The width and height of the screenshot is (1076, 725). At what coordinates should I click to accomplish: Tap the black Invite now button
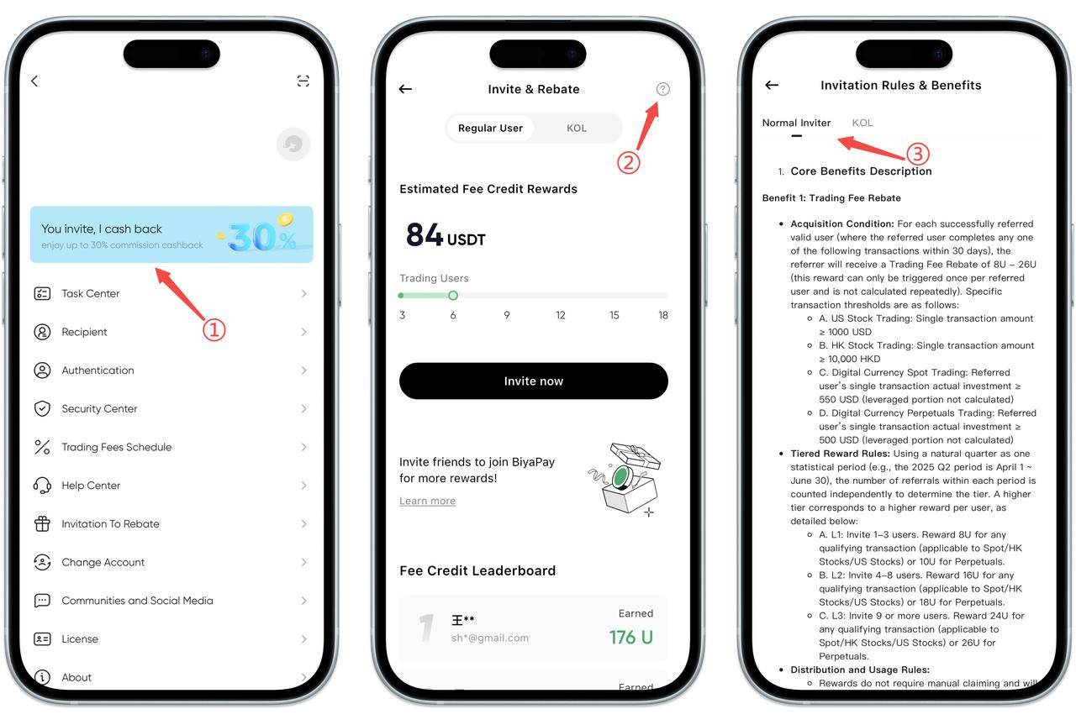(533, 381)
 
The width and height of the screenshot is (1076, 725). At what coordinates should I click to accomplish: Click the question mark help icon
(662, 89)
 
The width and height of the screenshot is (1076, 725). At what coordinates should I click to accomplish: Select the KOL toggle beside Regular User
(577, 129)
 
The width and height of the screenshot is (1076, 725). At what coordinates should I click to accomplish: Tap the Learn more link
(428, 501)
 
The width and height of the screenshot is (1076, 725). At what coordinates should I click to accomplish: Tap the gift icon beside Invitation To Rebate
(42, 524)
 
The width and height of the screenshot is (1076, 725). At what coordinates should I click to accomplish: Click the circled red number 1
(214, 330)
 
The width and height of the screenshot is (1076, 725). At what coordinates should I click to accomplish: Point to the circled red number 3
(917, 154)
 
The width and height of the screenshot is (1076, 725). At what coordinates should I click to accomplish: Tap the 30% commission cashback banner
(171, 234)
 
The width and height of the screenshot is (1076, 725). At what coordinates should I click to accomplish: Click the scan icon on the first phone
(303, 81)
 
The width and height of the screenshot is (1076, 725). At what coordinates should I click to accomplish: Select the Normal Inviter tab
(796, 123)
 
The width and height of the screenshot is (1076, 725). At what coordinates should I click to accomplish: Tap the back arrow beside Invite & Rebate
(405, 89)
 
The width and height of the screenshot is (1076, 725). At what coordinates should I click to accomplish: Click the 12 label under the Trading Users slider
(561, 315)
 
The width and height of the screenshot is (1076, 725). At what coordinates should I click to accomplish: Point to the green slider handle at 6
(453, 296)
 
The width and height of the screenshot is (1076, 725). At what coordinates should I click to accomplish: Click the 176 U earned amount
(631, 638)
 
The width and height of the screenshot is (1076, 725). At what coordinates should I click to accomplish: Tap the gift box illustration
(625, 479)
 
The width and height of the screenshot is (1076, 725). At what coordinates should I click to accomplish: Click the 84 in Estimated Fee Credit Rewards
(425, 234)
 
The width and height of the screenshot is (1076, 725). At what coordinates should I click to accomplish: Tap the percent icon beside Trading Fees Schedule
(42, 447)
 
